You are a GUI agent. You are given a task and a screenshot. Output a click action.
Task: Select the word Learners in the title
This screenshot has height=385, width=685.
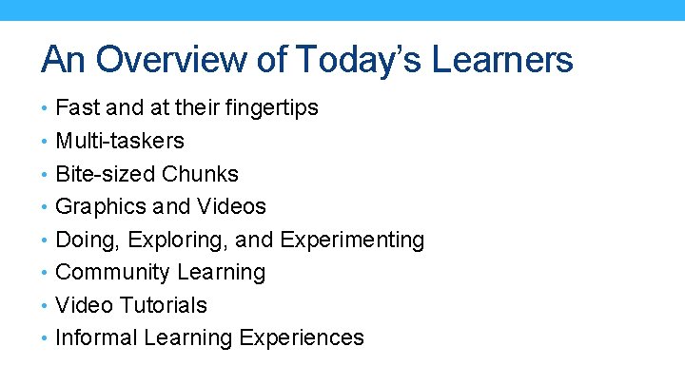point(502,60)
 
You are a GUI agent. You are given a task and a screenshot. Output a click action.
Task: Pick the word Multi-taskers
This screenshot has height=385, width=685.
point(120,142)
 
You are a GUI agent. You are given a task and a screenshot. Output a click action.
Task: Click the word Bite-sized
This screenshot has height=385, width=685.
point(106,174)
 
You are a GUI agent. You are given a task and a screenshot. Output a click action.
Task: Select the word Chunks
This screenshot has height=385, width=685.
point(200,174)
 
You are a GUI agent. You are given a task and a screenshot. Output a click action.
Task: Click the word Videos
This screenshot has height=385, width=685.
point(231,206)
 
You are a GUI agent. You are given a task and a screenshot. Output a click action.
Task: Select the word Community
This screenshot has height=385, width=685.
point(108,272)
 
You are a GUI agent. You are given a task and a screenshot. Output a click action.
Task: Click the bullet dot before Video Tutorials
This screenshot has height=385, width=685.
point(46,306)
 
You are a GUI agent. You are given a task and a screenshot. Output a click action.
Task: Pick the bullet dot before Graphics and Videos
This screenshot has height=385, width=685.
point(46,207)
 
